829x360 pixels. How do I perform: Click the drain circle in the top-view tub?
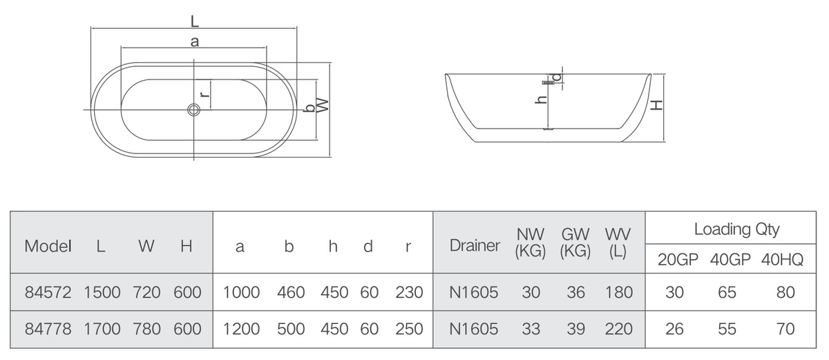[193, 109]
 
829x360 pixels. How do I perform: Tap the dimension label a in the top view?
[195, 42]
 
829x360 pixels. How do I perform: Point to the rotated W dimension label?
[323, 105]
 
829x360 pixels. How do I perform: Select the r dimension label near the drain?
[204, 94]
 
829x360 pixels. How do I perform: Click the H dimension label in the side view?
[657, 105]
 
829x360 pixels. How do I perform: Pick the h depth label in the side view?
[541, 100]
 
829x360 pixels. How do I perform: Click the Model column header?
[48, 246]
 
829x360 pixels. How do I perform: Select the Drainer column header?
[475, 246]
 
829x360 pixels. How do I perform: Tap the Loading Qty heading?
[737, 229]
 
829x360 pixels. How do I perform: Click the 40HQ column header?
[782, 260]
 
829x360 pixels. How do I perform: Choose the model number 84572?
[48, 293]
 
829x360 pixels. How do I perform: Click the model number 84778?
[48, 329]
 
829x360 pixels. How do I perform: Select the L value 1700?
[102, 329]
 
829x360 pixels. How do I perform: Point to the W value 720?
[146, 293]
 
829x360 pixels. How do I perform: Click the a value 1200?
[241, 329]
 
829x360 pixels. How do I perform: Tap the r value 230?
[409, 293]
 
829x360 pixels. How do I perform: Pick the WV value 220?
[619, 329]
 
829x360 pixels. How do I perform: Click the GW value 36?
[575, 293]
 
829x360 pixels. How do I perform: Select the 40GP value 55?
[727, 329]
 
